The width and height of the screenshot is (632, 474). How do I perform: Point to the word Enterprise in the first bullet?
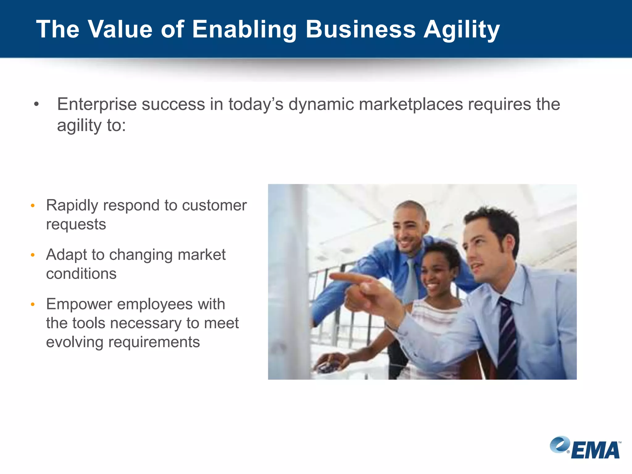tap(97, 104)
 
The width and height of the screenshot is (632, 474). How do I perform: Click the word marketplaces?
tap(411, 104)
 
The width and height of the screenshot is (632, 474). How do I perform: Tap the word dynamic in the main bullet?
tap(321, 104)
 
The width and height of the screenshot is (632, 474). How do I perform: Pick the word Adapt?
tap(66, 255)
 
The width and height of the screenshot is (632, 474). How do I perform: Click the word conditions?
tap(81, 274)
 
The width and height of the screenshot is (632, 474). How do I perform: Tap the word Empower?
tap(79, 304)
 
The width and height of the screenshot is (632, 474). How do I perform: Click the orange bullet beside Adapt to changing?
tap(33, 255)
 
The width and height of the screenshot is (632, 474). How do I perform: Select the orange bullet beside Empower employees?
tap(33, 305)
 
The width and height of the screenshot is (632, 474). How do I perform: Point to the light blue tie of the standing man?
tap(411, 279)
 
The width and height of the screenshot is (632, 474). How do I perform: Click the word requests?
tap(76, 224)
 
